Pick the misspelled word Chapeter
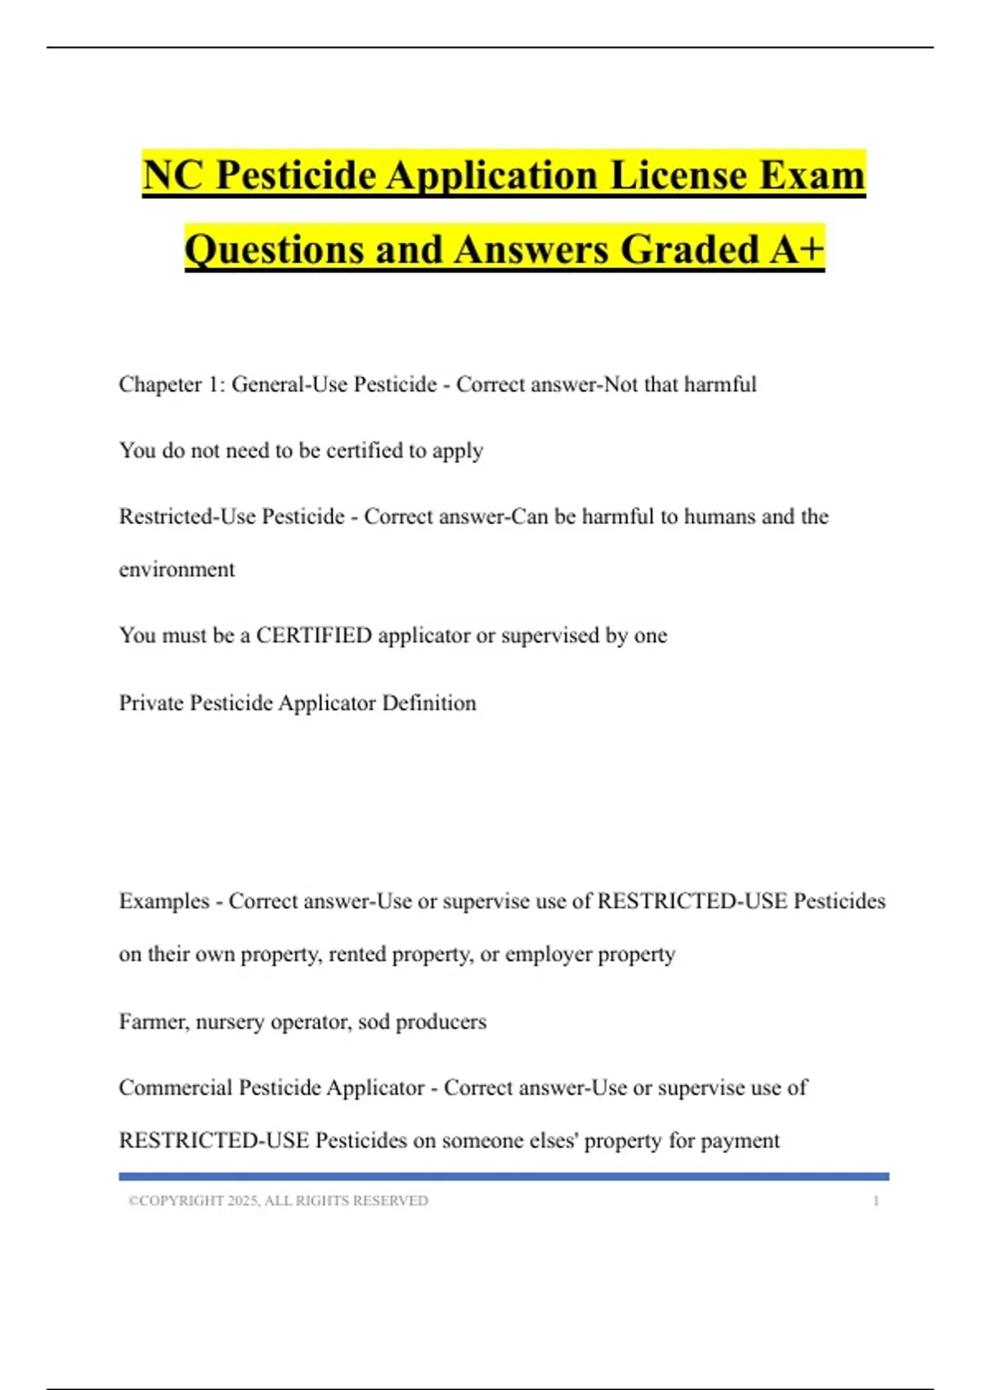160,384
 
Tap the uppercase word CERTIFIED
314,635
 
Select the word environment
177,569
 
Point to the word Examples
164,901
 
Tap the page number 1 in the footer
876,1200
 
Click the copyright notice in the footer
278,1200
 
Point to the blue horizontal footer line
504,1177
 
